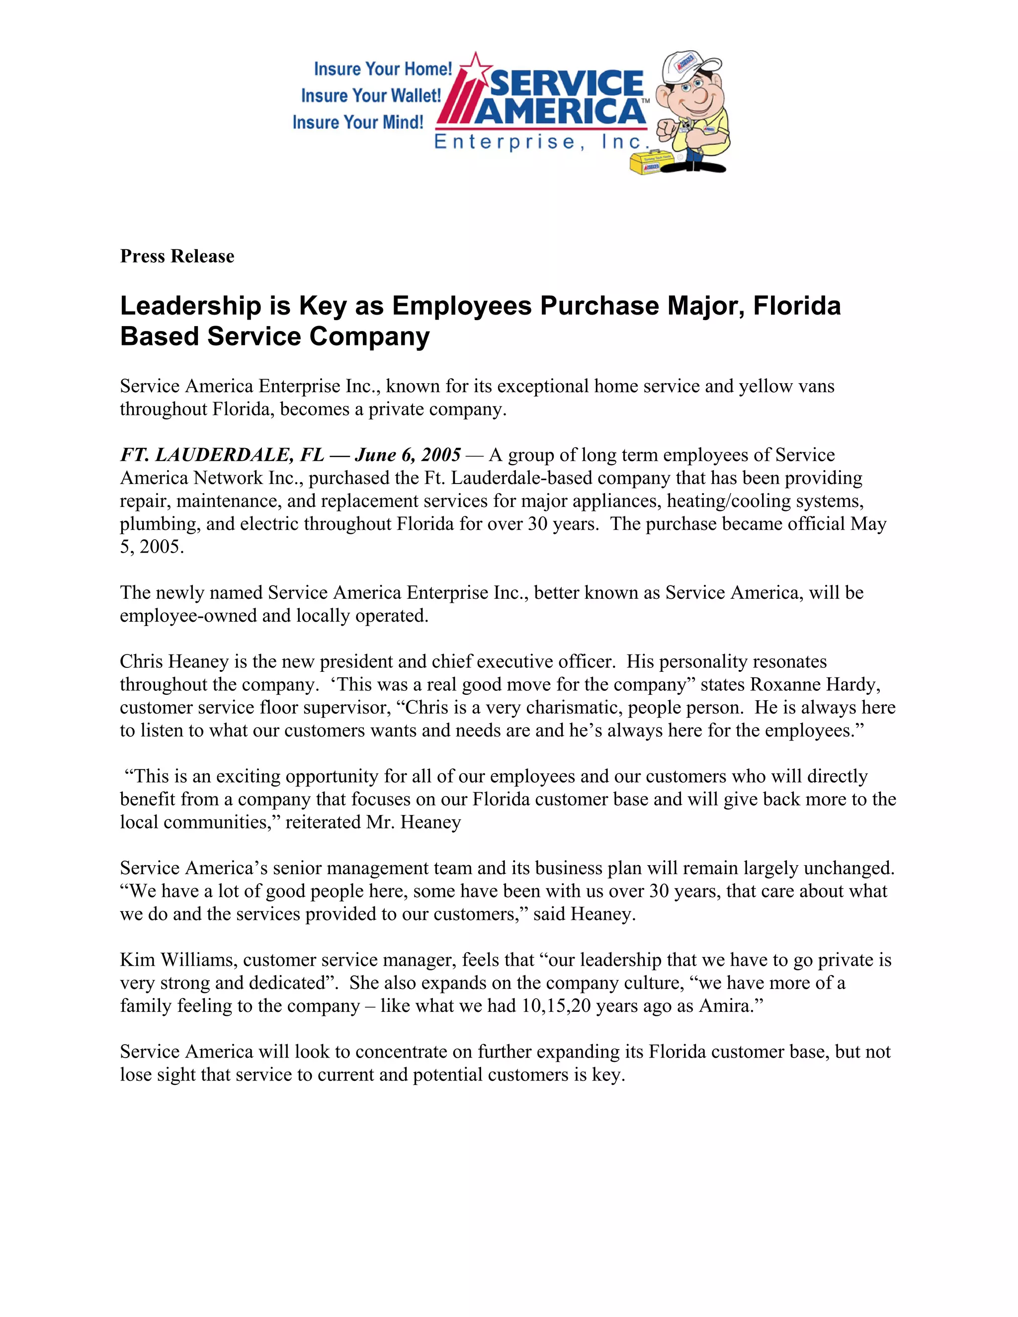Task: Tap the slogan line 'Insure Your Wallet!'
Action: [371, 95]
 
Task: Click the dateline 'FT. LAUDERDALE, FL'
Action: [222, 455]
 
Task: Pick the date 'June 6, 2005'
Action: [408, 455]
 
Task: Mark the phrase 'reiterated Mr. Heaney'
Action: [373, 823]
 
